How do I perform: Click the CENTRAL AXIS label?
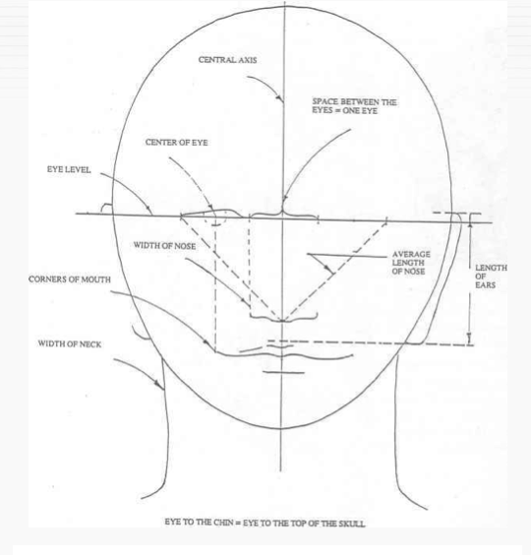(x=227, y=60)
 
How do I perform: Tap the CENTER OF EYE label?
(x=177, y=143)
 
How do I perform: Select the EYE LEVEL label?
(x=69, y=169)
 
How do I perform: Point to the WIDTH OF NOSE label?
(x=164, y=246)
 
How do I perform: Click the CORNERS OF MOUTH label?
(x=70, y=279)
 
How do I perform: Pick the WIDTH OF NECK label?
(x=70, y=343)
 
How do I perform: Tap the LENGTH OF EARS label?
(x=491, y=277)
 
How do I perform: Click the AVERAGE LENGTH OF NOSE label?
(x=411, y=263)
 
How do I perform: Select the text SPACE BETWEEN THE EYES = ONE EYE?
(x=354, y=106)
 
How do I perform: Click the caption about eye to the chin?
(x=265, y=523)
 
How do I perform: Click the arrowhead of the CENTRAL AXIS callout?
(x=279, y=97)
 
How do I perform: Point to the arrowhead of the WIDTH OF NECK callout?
(x=157, y=383)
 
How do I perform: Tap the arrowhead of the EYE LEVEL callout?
(x=149, y=209)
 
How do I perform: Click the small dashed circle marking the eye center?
(x=215, y=219)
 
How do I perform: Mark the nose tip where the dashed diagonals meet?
(x=282, y=321)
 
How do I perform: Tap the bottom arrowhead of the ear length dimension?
(x=469, y=339)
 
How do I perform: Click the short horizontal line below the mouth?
(x=283, y=372)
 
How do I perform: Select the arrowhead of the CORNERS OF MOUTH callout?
(x=206, y=342)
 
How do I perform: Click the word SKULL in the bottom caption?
(x=352, y=524)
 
